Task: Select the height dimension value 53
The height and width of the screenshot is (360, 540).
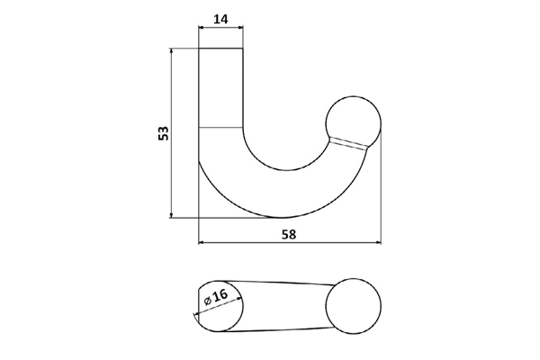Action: pos(163,134)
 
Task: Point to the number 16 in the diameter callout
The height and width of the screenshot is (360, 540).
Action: pos(221,294)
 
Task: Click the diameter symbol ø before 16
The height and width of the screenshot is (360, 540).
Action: pos(207,300)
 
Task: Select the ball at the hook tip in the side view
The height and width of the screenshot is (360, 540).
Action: pos(353,120)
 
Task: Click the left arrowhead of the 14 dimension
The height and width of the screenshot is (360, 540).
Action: pos(202,28)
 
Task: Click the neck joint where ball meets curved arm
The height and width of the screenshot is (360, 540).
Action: pos(349,144)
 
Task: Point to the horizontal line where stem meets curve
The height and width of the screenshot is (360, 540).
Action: pos(220,128)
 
